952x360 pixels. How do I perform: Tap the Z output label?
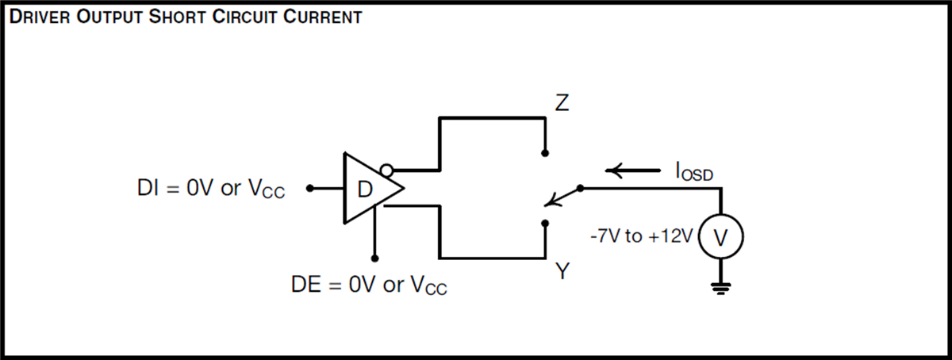(561, 105)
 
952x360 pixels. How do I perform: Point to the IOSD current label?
(693, 170)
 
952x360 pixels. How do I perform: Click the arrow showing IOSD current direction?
(632, 170)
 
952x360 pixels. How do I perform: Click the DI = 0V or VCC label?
(210, 190)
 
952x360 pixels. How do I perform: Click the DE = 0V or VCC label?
(369, 285)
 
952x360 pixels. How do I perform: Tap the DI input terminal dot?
(311, 189)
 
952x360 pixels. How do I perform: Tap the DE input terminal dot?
(374, 258)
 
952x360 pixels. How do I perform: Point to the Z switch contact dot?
(545, 152)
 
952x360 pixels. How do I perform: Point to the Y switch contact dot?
(545, 224)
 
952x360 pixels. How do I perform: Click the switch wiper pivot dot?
(581, 189)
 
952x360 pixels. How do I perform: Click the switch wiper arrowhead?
(552, 202)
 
